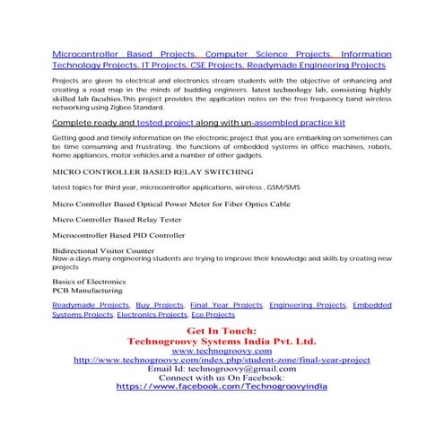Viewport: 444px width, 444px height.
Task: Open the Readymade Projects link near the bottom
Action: pos(91,306)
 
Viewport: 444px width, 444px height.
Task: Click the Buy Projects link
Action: pos(161,306)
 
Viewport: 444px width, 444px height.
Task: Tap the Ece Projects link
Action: pos(214,316)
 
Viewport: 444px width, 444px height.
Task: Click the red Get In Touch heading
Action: pos(221,333)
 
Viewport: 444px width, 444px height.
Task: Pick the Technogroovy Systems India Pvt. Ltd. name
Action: pos(222,343)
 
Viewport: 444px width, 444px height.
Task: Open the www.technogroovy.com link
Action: pos(222,352)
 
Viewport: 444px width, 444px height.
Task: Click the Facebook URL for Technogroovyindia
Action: pos(222,386)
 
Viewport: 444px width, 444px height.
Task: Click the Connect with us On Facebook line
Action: pos(222,378)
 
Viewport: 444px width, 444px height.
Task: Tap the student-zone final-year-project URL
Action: pos(222,361)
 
